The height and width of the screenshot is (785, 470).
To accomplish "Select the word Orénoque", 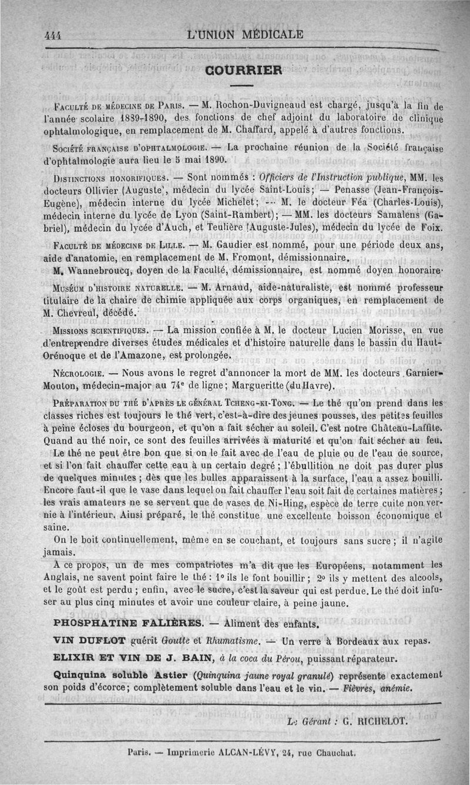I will coord(67,356).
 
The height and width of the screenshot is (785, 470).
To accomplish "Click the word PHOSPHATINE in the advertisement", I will coord(93,622).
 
